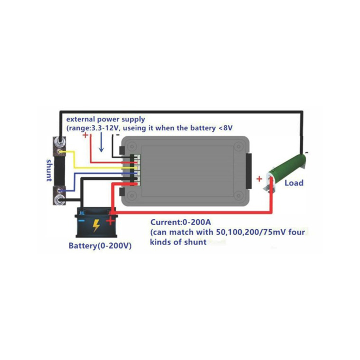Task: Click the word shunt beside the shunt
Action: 49,170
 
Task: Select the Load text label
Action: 294,183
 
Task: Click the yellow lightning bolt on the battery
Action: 96,225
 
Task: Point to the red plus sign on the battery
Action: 110,221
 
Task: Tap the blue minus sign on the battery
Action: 82,221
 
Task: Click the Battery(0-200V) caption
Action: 100,246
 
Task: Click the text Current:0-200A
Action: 181,222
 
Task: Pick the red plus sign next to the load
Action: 259,179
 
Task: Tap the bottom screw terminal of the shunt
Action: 60,200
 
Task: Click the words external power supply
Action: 106,119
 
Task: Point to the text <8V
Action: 226,128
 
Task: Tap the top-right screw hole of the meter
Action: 238,146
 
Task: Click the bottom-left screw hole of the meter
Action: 132,196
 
